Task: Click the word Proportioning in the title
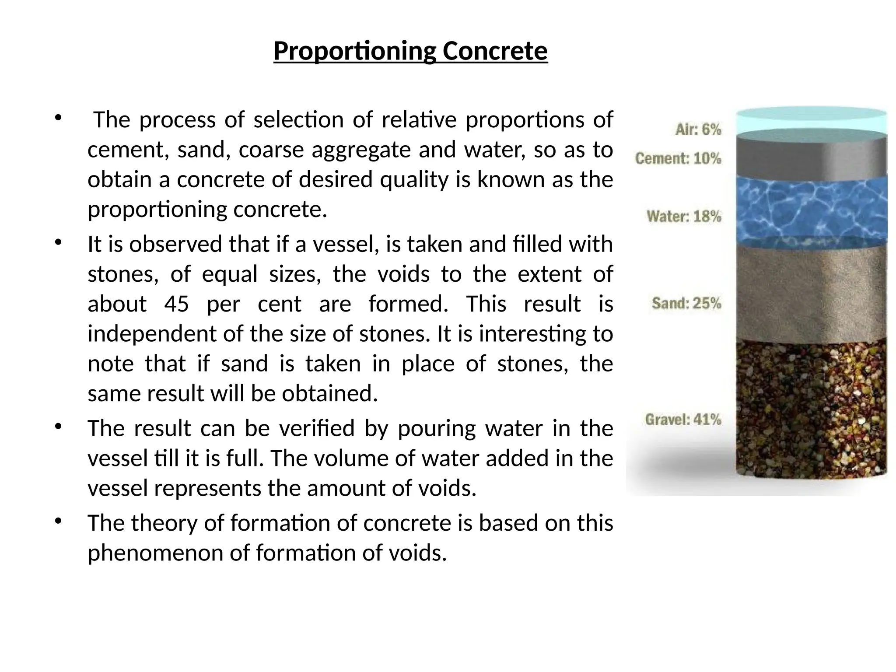pos(355,52)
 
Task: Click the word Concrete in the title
pos(495,52)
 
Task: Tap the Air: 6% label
pos(698,129)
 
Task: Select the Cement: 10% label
pos(678,158)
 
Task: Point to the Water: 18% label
pos(684,217)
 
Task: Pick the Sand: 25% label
pos(686,303)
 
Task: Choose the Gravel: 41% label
pos(682,420)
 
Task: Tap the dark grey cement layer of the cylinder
pos(812,157)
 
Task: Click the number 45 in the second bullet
pos(176,304)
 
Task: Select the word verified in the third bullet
pos(317,428)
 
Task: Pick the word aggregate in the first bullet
pos(362,150)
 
